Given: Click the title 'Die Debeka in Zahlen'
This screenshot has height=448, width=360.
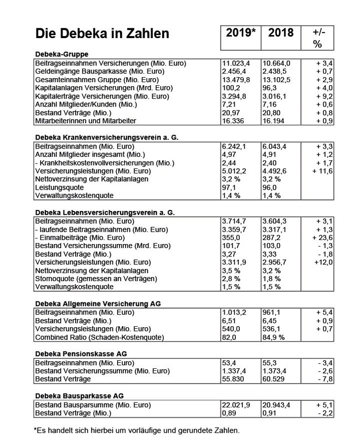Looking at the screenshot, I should [102, 34].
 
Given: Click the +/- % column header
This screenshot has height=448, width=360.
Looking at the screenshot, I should [317, 38].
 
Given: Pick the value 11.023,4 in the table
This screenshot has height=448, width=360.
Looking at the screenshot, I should [236, 63].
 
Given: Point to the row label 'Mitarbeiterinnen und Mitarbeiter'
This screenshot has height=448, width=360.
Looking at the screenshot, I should [87, 121].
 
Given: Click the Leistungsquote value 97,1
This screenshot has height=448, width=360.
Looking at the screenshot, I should [229, 187].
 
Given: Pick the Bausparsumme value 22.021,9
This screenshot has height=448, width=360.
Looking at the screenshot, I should [236, 405].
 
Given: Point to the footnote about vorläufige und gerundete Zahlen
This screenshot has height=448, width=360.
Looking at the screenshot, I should [136, 430].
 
